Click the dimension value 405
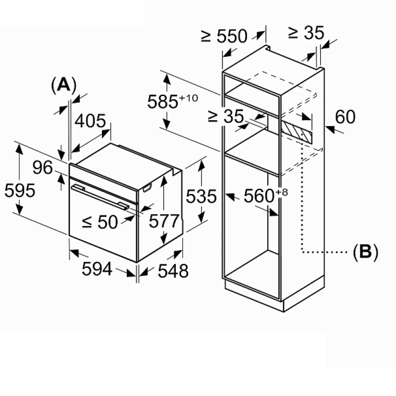point(90,121)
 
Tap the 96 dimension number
point(43,167)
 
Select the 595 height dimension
point(20,191)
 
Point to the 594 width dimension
point(97,269)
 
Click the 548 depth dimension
point(173,271)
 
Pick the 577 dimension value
point(164,221)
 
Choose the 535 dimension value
point(201,196)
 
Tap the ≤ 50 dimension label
point(100,222)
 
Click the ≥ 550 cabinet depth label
point(224,36)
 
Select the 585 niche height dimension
point(163,102)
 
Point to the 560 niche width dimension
point(259,196)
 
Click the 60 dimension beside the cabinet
point(345,117)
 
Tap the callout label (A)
point(63,85)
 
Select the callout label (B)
point(365,251)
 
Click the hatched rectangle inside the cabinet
point(297,131)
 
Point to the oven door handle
point(100,197)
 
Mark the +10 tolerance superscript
point(189,98)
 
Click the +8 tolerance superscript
point(281,193)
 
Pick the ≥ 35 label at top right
point(306,33)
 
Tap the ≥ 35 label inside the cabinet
point(226,116)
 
